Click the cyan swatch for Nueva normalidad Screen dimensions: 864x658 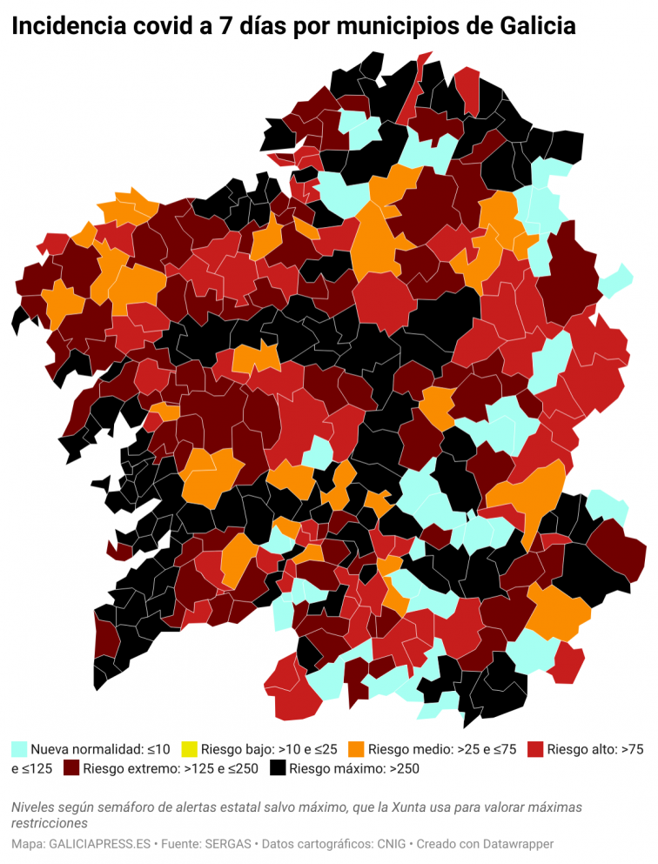point(19,748)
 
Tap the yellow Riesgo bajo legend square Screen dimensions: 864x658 point(189,748)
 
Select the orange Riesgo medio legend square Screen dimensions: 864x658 point(356,748)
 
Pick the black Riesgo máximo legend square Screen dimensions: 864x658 point(278,768)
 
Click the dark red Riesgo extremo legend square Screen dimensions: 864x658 point(70,768)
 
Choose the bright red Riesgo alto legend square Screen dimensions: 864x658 point(535,748)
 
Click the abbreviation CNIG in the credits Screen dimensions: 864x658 point(388,844)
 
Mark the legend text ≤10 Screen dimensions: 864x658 point(158,748)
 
